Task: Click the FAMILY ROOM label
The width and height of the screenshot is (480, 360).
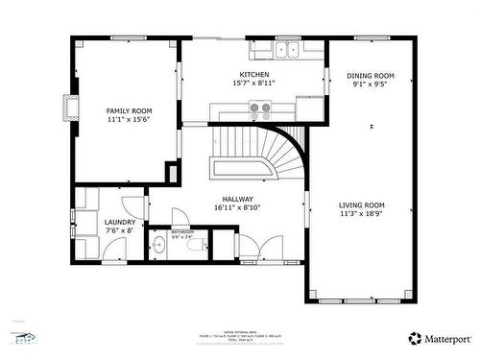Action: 129,111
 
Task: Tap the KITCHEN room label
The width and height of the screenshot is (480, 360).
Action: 254,74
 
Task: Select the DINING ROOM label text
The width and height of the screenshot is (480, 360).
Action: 371,76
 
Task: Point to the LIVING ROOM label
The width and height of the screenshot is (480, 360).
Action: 362,205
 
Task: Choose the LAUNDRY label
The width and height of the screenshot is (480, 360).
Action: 120,222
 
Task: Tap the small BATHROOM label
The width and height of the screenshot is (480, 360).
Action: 182,231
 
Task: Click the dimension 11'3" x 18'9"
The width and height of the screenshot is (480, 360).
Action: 362,215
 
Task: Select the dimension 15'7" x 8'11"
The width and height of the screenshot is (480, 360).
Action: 254,84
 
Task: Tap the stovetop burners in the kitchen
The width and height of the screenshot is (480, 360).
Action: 260,108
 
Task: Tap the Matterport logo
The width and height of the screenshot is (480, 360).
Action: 439,338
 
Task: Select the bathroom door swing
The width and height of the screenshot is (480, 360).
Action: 180,218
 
